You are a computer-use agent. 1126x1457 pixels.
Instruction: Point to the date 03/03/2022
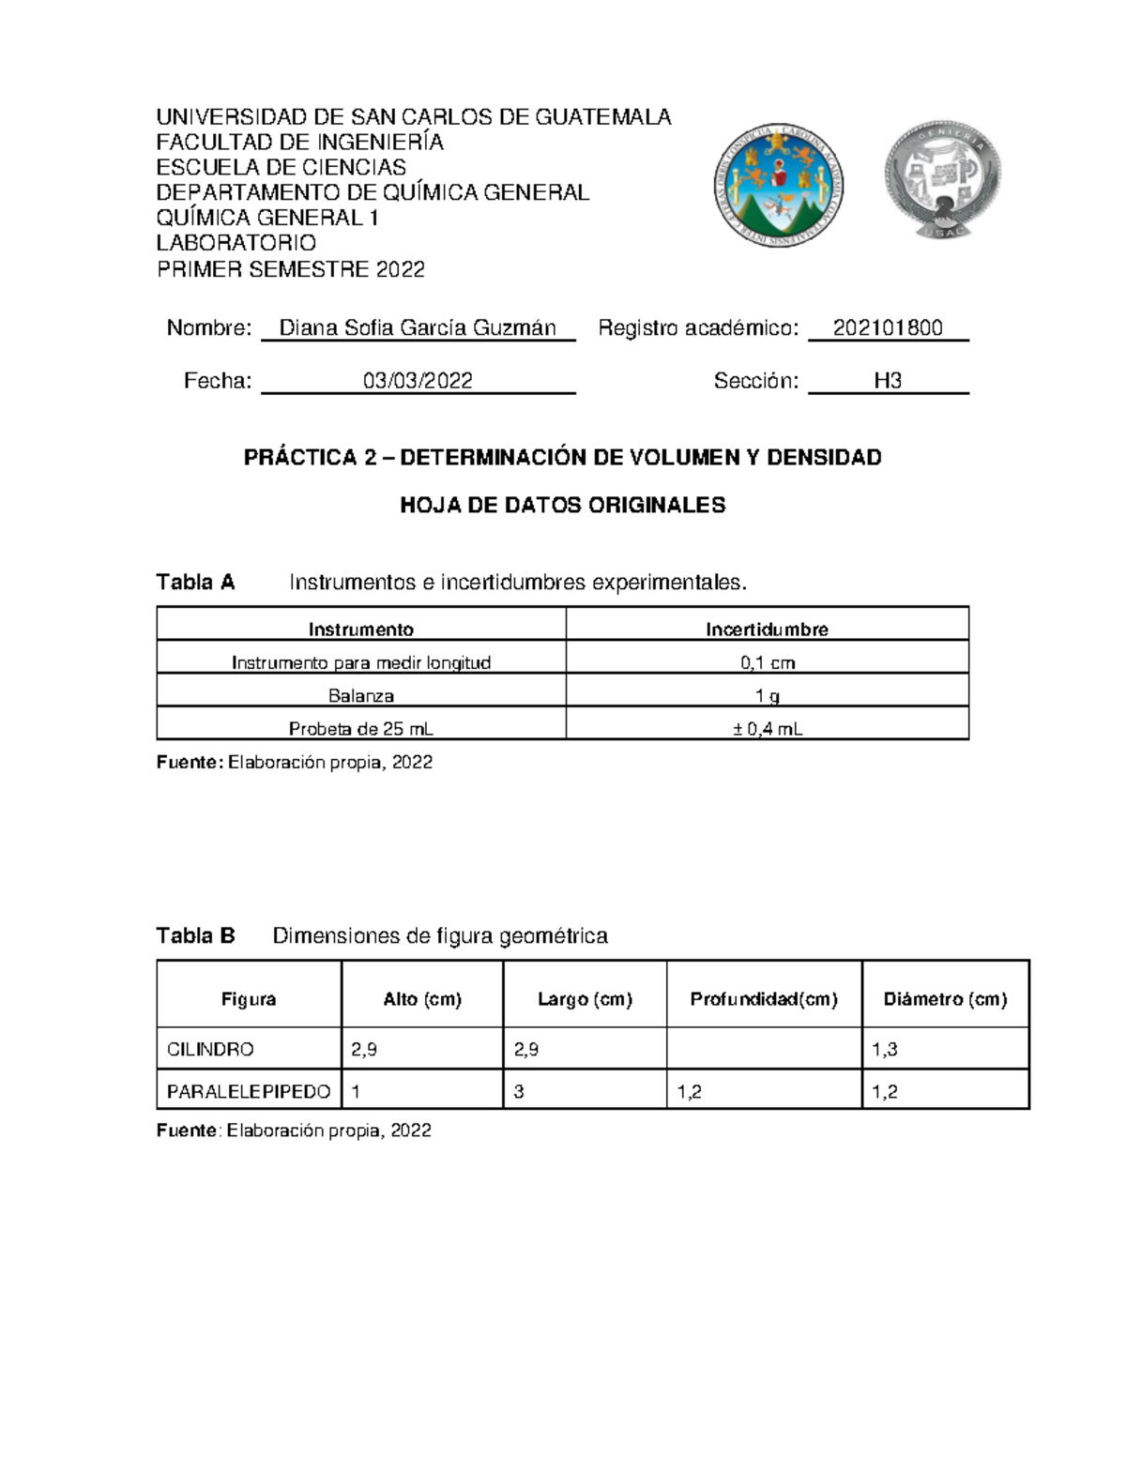point(418,381)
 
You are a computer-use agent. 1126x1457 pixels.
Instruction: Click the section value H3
point(888,381)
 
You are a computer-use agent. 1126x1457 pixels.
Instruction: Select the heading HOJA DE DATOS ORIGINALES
point(562,506)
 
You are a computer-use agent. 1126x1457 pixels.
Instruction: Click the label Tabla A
point(195,583)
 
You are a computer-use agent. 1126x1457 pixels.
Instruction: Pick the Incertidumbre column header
point(767,630)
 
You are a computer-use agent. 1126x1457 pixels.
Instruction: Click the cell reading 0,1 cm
point(767,663)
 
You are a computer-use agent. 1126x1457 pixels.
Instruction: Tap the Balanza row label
point(360,696)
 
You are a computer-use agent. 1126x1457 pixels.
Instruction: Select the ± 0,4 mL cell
point(767,729)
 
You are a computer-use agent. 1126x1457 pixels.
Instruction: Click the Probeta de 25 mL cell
point(360,729)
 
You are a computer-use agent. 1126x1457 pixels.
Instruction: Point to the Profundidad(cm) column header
point(763,999)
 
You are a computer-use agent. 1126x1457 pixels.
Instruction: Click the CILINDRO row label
point(210,1050)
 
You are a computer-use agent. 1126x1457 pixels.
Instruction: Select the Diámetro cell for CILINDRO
point(944,1050)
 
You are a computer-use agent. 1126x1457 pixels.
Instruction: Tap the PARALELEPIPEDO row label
point(248,1092)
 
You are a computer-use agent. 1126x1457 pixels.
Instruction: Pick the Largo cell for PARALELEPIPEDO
point(584,1092)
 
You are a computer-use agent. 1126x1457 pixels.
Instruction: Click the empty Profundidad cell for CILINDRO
point(763,1050)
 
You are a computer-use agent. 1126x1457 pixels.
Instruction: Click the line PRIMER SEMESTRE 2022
point(290,270)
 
